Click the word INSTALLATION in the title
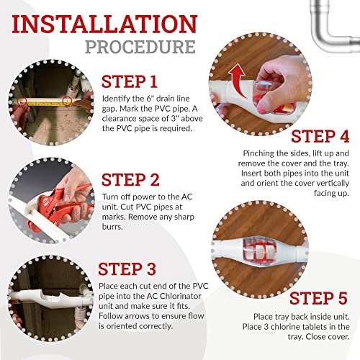104,24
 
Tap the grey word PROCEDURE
140,47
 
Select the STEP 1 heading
130,81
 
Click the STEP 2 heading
130,180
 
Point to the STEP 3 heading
127,269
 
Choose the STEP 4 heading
320,136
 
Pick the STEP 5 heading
319,298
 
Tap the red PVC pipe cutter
60,207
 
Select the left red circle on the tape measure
22,101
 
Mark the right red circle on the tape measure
67,101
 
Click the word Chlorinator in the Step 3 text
180,296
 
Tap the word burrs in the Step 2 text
112,227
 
